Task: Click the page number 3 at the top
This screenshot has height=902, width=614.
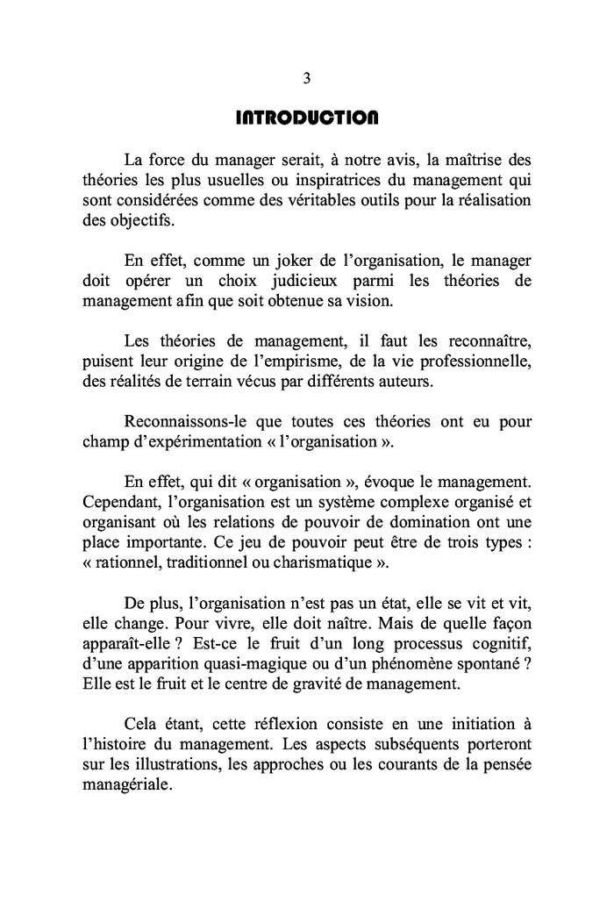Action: click(x=307, y=78)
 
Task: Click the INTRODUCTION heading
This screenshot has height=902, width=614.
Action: click(x=307, y=117)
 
